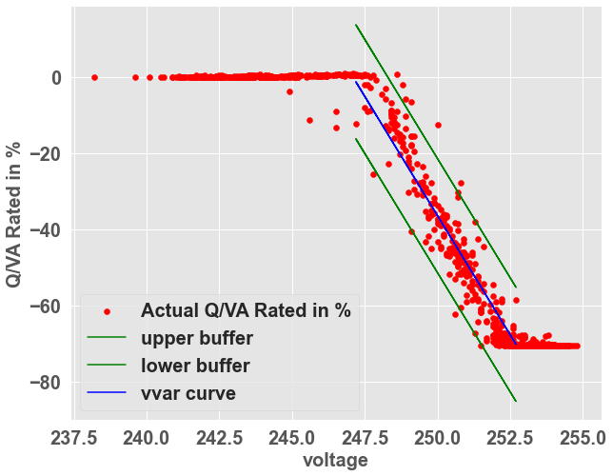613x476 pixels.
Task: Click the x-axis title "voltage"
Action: (x=335, y=461)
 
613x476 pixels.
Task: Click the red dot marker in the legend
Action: (x=108, y=311)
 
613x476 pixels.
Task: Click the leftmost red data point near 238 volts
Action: (x=94, y=77)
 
